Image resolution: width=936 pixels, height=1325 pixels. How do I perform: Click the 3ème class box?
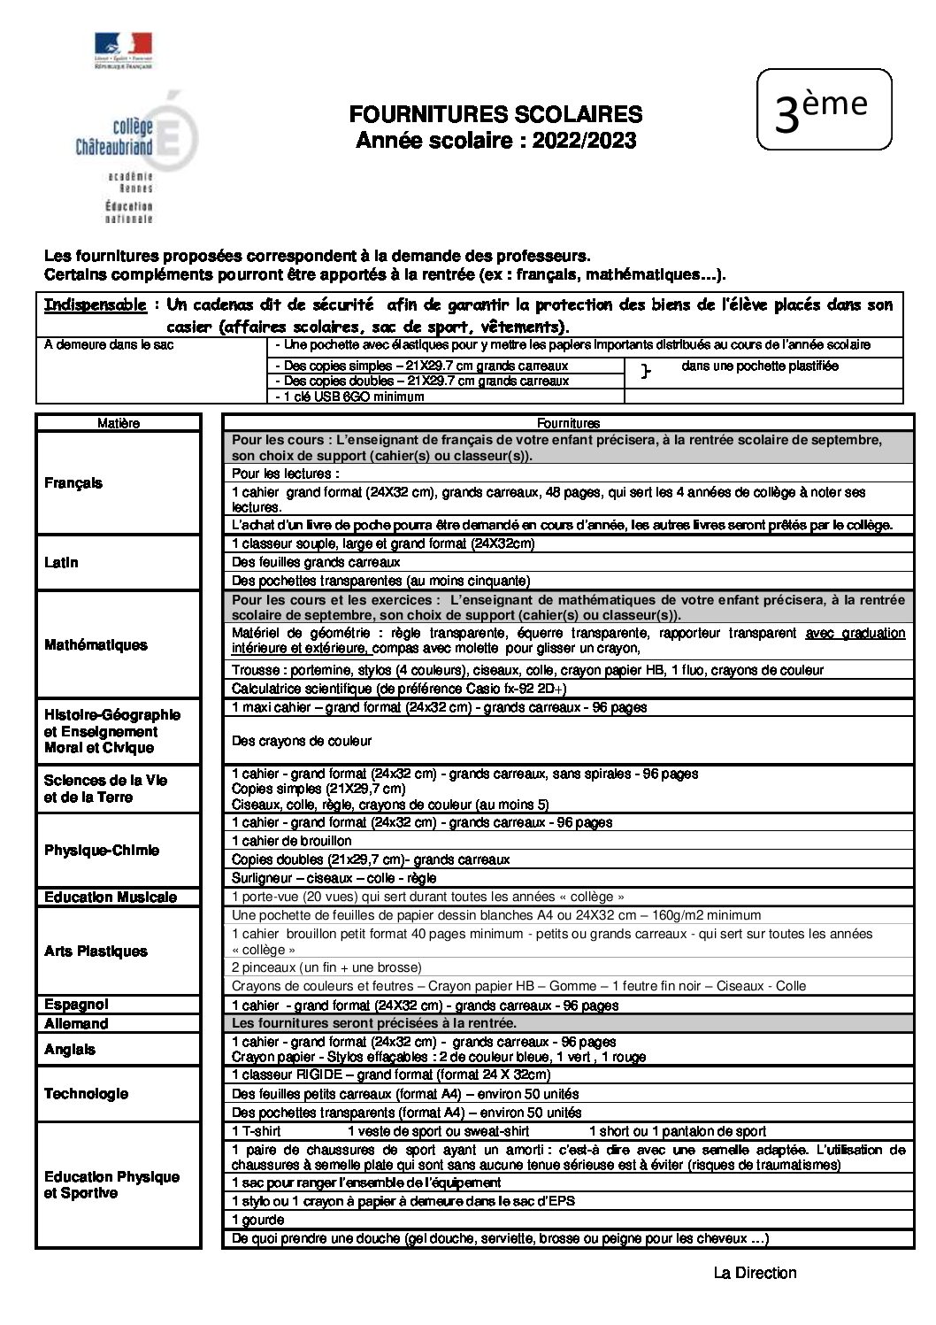tap(823, 108)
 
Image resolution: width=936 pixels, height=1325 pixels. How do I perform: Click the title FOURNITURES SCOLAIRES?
tap(495, 114)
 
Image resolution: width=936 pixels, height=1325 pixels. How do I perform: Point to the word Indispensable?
tap(96, 305)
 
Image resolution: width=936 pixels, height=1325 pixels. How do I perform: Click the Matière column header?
tap(119, 423)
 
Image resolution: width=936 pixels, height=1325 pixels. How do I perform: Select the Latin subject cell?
tap(119, 562)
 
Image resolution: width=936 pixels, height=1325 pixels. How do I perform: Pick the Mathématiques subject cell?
tap(119, 645)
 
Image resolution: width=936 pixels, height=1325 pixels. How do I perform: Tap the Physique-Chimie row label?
tap(119, 851)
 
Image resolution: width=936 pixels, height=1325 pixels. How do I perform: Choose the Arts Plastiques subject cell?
tap(119, 951)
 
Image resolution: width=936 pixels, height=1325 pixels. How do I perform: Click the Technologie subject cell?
tap(119, 1094)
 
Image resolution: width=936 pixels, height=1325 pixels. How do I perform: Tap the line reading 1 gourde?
tap(251, 1221)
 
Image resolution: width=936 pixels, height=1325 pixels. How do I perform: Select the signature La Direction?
tap(755, 1274)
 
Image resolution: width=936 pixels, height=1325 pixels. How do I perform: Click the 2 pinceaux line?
tap(326, 967)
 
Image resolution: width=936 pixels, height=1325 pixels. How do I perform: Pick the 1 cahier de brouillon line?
tap(291, 841)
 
